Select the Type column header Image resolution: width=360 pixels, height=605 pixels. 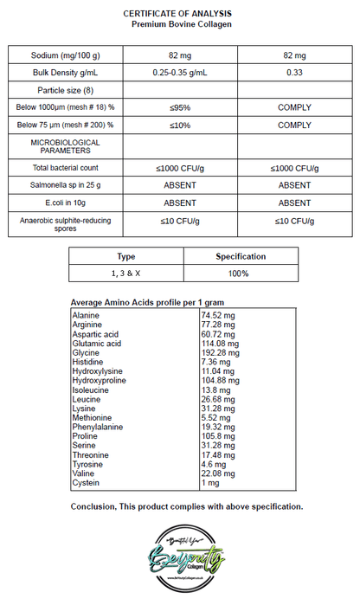click(x=126, y=256)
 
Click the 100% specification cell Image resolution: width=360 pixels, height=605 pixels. click(x=240, y=274)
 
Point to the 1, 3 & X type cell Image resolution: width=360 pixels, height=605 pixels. click(x=126, y=274)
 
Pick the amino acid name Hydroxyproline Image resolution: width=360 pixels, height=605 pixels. click(x=103, y=380)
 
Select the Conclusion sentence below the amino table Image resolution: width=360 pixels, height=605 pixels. click(x=186, y=505)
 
